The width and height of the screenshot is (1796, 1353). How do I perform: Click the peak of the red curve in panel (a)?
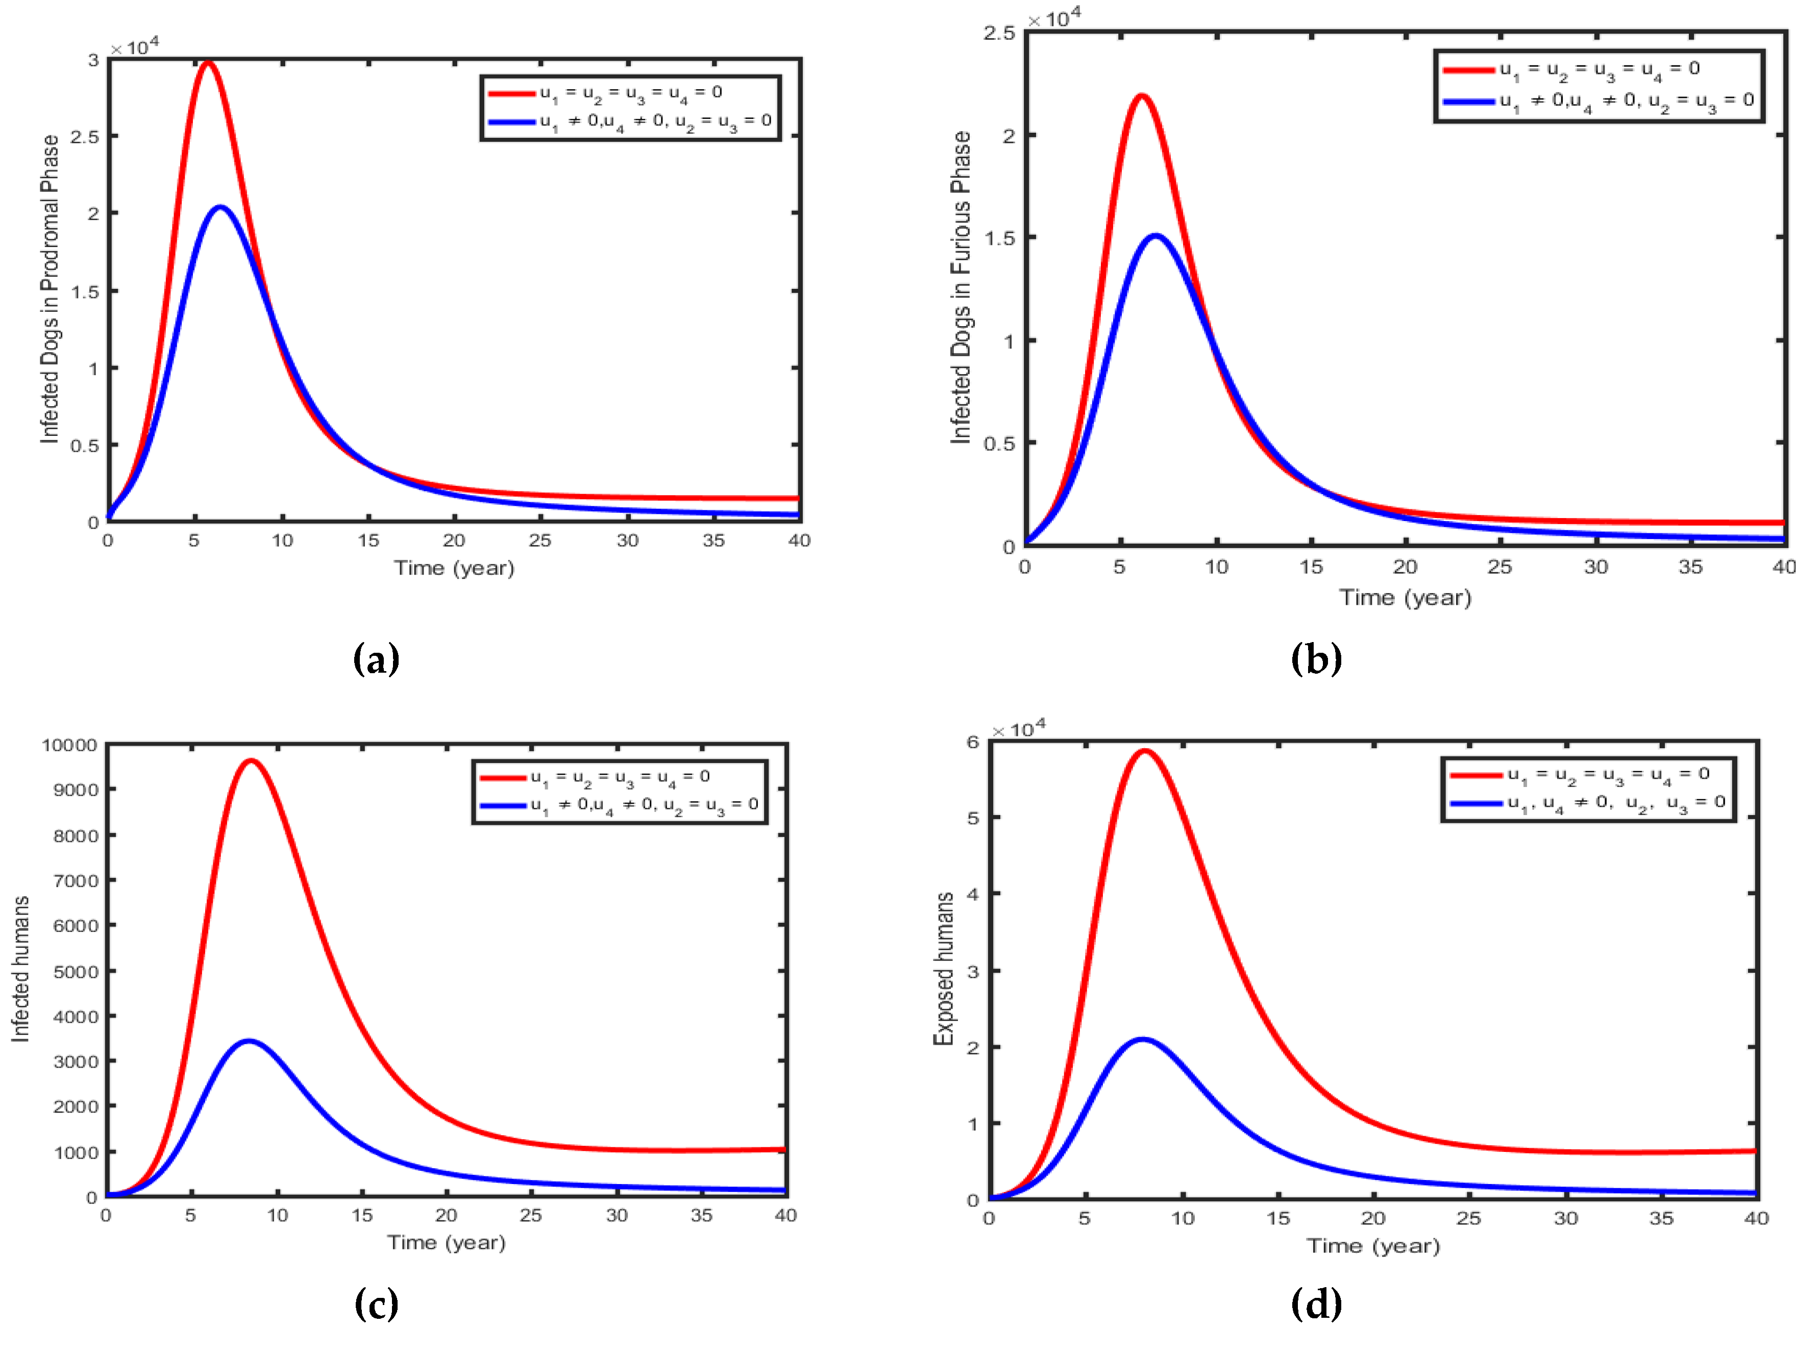pos(208,63)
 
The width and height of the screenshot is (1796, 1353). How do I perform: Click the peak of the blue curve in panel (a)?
pos(220,208)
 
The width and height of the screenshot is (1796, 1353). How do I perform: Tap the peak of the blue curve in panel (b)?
pos(1155,236)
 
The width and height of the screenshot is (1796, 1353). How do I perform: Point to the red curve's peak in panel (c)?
pos(252,761)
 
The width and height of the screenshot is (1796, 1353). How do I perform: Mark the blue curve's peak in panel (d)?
pos(1142,1040)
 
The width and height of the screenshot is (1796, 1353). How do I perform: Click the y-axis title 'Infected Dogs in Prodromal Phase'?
pos(51,289)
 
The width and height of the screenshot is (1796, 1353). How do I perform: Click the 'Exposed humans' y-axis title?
pos(944,968)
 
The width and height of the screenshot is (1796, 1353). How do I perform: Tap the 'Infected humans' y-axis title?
pos(20,969)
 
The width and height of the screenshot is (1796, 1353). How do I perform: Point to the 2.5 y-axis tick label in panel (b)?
pos(999,33)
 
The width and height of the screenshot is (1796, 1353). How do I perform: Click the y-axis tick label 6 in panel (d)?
pos(973,742)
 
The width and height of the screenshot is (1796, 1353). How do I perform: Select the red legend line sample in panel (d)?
pos(1475,775)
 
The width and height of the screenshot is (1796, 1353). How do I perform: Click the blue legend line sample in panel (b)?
pos(1468,102)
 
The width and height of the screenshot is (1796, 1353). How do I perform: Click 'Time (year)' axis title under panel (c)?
pos(447,1243)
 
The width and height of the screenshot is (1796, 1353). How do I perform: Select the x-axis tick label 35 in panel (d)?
pos(1661,1218)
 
